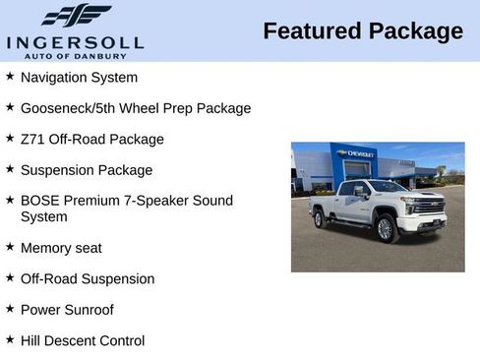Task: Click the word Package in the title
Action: (x=414, y=31)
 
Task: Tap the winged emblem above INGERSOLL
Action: (x=76, y=16)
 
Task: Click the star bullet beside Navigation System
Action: (x=10, y=76)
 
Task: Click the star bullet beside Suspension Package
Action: (x=10, y=169)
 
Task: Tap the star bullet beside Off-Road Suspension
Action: (x=10, y=278)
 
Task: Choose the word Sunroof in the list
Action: (x=88, y=310)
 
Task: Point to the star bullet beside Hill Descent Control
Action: (x=10, y=340)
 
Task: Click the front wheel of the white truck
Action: (x=385, y=228)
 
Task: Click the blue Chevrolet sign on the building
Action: (x=355, y=153)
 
